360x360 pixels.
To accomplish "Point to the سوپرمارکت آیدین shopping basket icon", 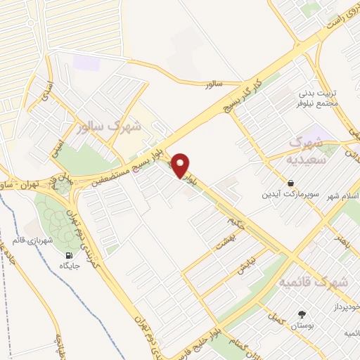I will click(x=290, y=183).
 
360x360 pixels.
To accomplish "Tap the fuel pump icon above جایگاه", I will click(x=68, y=256).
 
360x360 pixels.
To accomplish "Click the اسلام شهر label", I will click(x=344, y=196).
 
